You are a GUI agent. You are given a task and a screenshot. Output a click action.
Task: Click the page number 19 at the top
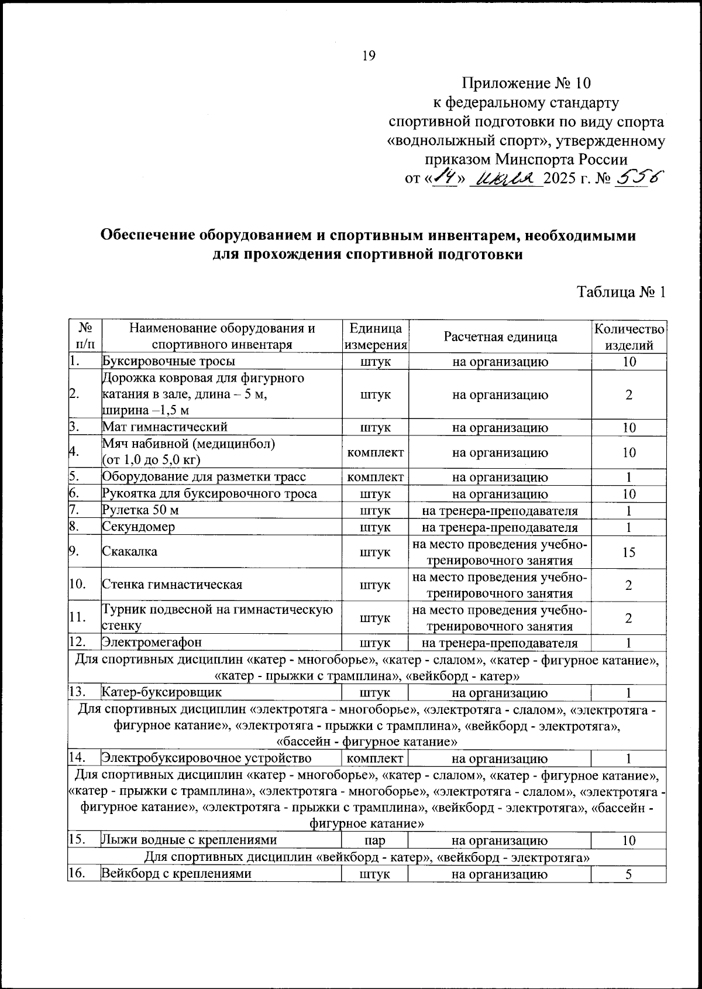(369, 56)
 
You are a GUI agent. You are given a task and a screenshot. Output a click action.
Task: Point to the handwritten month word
(505, 178)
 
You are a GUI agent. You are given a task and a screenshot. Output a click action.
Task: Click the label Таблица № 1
(621, 292)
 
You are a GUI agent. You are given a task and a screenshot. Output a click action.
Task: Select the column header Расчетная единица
(500, 336)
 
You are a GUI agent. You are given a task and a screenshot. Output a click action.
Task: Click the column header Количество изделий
(629, 336)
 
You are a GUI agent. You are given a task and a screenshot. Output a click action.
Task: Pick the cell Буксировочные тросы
(169, 362)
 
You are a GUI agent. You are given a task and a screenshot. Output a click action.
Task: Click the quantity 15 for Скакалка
(629, 552)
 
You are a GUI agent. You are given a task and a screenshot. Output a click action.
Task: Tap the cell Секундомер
(139, 527)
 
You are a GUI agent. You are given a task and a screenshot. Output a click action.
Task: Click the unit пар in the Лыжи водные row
(374, 841)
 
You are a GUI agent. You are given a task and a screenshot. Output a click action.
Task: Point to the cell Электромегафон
(152, 642)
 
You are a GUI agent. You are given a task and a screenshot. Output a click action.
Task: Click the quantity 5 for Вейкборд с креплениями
(629, 874)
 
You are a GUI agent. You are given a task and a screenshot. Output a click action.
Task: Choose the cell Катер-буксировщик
(162, 693)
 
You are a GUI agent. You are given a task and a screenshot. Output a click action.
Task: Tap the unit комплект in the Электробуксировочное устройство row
(374, 759)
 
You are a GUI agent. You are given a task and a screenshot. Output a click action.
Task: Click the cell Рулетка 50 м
(140, 510)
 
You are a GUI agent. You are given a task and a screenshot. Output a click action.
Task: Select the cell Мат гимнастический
(165, 427)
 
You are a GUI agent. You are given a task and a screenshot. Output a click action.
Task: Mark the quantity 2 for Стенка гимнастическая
(629, 585)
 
